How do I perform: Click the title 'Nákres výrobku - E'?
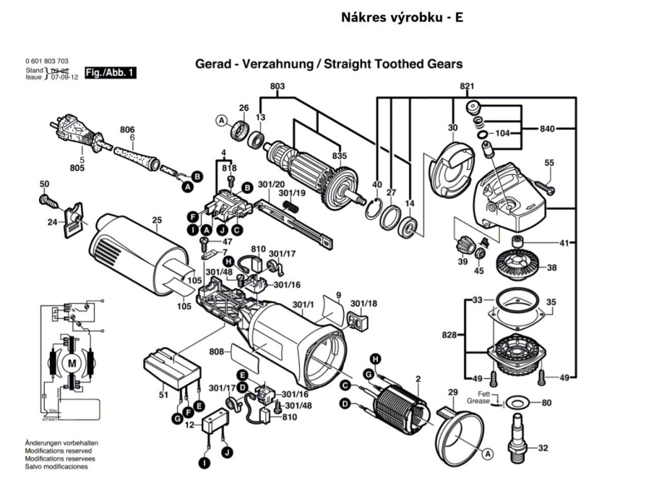[402, 17]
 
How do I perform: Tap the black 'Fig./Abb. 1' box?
[110, 73]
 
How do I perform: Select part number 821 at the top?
[467, 86]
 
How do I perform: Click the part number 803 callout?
[278, 86]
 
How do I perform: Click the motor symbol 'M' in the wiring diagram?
[71, 363]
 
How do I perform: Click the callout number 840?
[547, 129]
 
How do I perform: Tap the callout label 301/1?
[303, 305]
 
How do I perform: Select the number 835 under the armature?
[339, 156]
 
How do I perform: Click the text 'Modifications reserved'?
[58, 451]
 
